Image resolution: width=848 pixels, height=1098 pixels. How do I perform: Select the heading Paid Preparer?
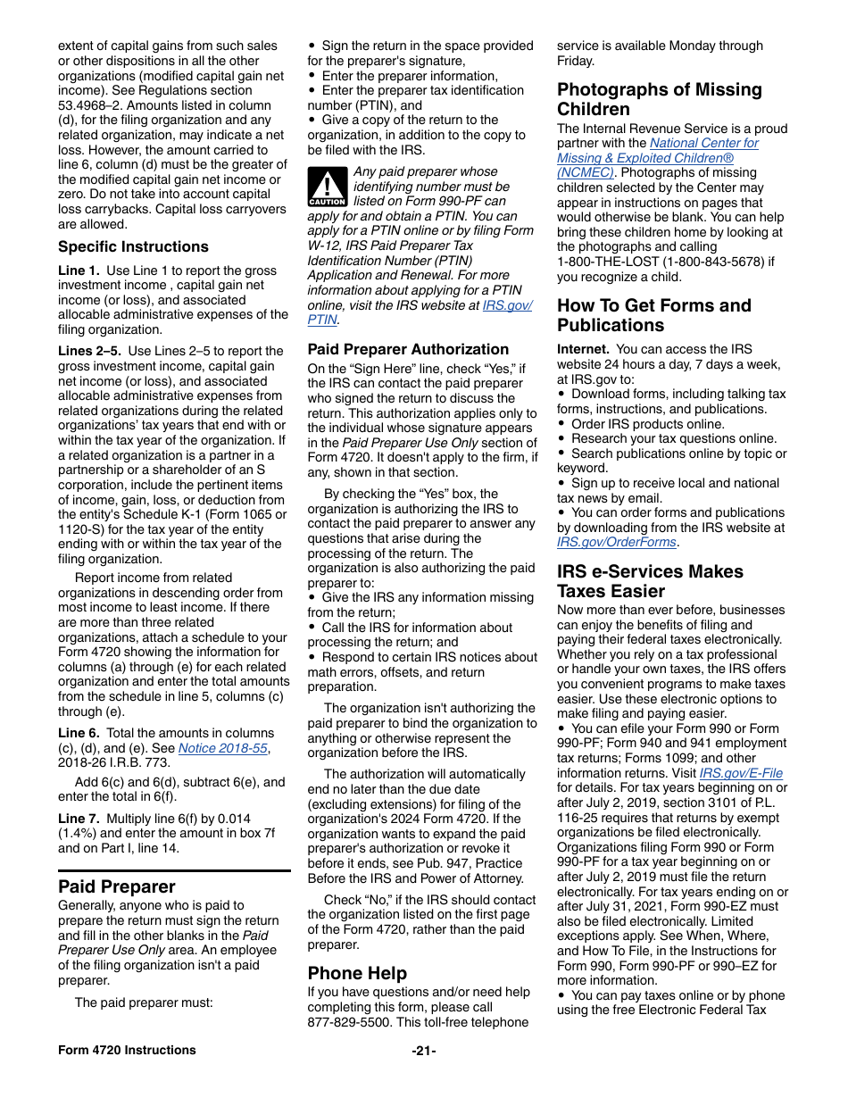(116, 886)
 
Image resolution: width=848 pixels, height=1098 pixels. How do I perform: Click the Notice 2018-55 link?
(222, 748)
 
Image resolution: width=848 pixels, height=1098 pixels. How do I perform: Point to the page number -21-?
(424, 1050)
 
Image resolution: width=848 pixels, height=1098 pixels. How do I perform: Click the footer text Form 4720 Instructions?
(127, 1050)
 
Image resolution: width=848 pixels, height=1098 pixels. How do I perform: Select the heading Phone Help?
(357, 973)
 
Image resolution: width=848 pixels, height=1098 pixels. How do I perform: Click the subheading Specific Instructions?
(133, 247)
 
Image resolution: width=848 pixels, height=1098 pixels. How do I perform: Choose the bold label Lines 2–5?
(90, 351)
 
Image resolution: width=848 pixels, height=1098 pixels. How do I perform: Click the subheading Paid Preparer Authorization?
(408, 349)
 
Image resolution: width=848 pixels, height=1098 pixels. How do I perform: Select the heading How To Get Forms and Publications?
(653, 315)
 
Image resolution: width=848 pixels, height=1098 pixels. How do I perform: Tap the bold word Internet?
(583, 349)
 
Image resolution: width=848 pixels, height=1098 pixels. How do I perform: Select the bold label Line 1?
(79, 270)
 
